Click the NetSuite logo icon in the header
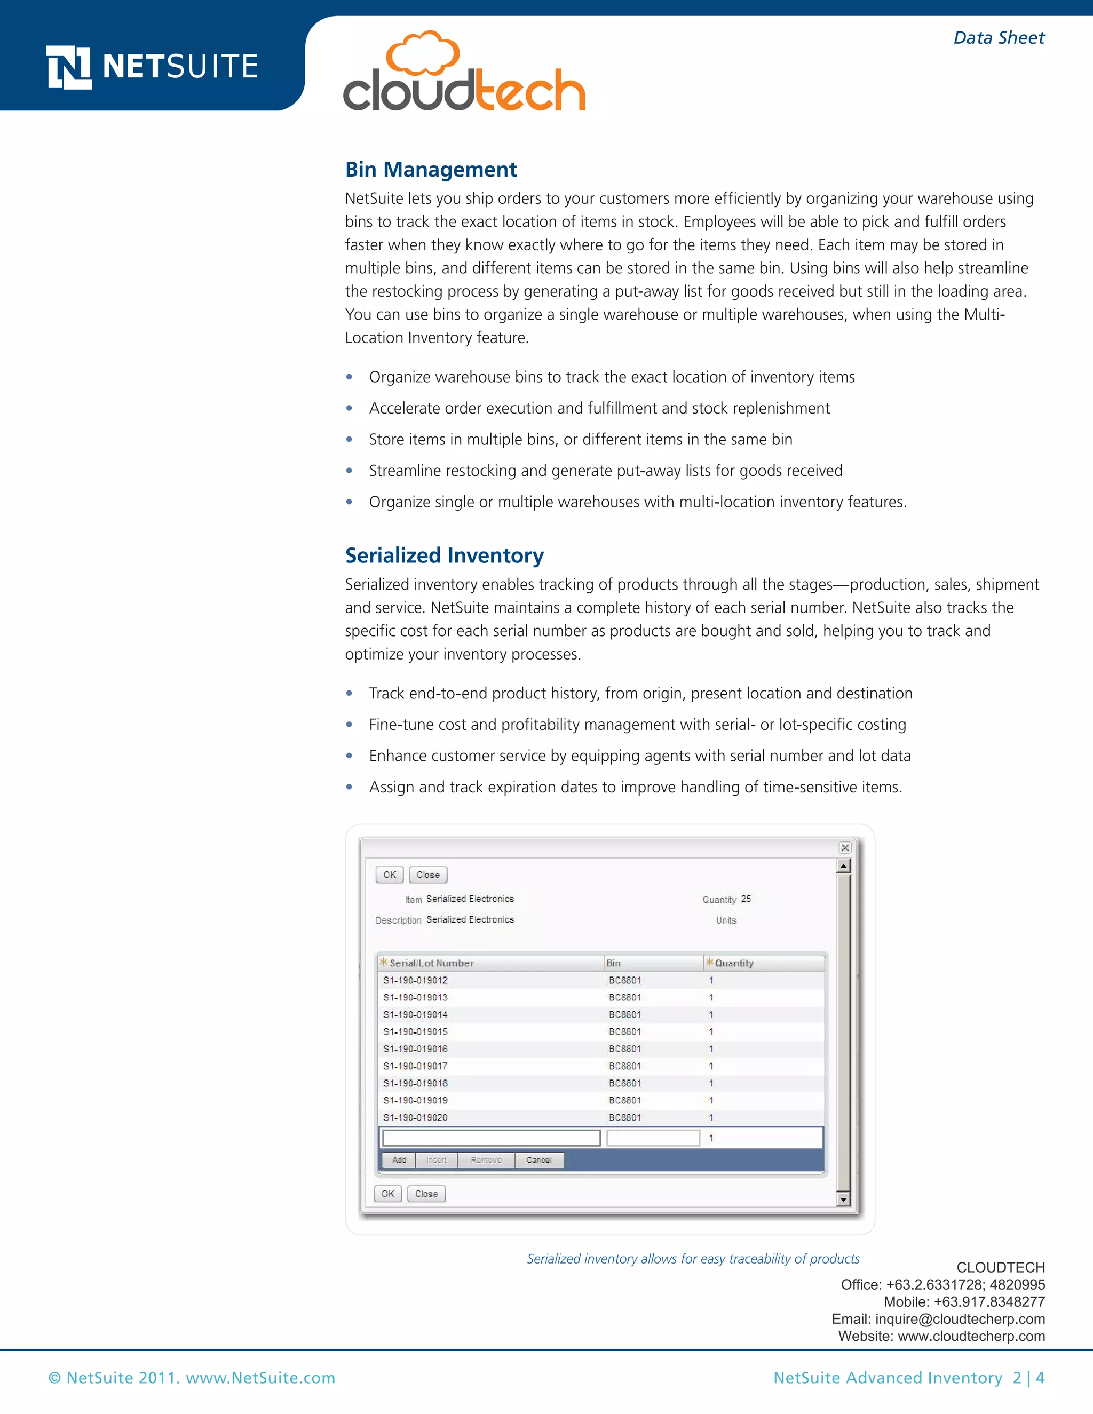pos(69,67)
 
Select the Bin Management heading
pos(431,170)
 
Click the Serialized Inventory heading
pos(444,555)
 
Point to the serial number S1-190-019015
pos(415,1032)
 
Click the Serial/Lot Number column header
pos(431,963)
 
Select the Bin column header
pos(613,963)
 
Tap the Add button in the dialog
pos(399,1160)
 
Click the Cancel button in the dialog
pos(538,1160)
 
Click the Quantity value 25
pos(746,899)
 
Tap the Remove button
pos(486,1160)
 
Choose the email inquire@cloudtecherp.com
pos(960,1319)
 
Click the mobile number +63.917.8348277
pos(989,1302)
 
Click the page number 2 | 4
pos(1028,1378)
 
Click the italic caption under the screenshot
pos(693,1259)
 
